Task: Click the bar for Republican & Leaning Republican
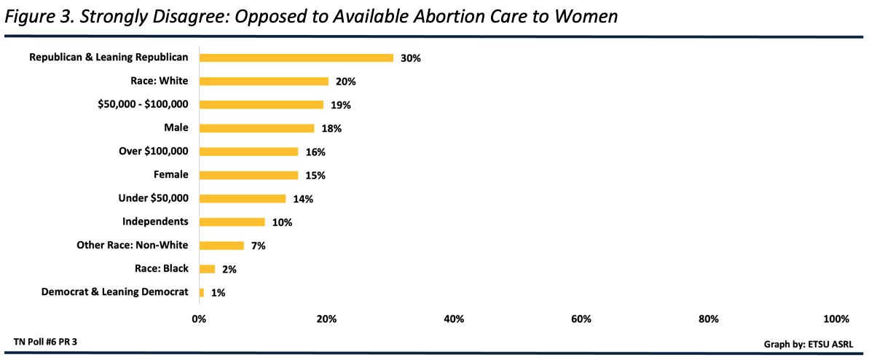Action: point(296,58)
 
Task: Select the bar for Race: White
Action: point(264,81)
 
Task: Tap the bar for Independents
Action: point(232,222)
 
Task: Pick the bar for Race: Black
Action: point(207,269)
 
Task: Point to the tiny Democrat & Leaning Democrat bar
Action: point(202,292)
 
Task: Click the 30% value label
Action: point(411,58)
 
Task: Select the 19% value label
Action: point(341,105)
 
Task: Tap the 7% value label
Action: point(258,246)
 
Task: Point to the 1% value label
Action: point(218,292)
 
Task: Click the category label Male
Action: point(176,128)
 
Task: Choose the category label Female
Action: point(171,175)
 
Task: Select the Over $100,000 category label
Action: point(154,152)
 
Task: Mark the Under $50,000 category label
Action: point(154,198)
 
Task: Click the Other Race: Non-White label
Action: point(133,246)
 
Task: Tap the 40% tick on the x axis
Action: point(454,318)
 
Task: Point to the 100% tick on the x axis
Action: point(835,318)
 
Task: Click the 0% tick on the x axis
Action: point(199,318)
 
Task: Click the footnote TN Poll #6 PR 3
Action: point(46,341)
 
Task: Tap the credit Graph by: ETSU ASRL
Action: point(808,343)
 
